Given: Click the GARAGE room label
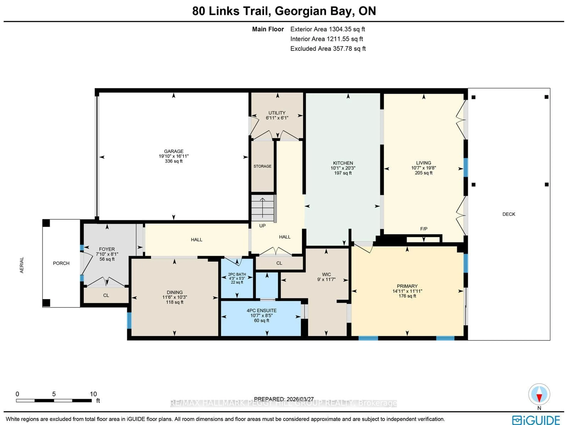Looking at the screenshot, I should pyautogui.click(x=173, y=151).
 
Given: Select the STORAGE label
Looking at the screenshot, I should pyautogui.click(x=262, y=166).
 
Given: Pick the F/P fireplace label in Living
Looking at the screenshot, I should pyautogui.click(x=423, y=229).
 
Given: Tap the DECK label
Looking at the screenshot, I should pyautogui.click(x=509, y=214).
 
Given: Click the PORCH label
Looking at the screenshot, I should pyautogui.click(x=61, y=263).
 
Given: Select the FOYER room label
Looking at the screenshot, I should pyautogui.click(x=107, y=249).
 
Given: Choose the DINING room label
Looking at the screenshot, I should pyautogui.click(x=175, y=292).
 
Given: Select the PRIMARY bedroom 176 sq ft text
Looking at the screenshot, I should pyautogui.click(x=407, y=296).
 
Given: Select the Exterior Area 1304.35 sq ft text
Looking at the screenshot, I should pyautogui.click(x=327, y=29).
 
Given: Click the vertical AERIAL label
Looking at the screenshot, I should pyautogui.click(x=22, y=265).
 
